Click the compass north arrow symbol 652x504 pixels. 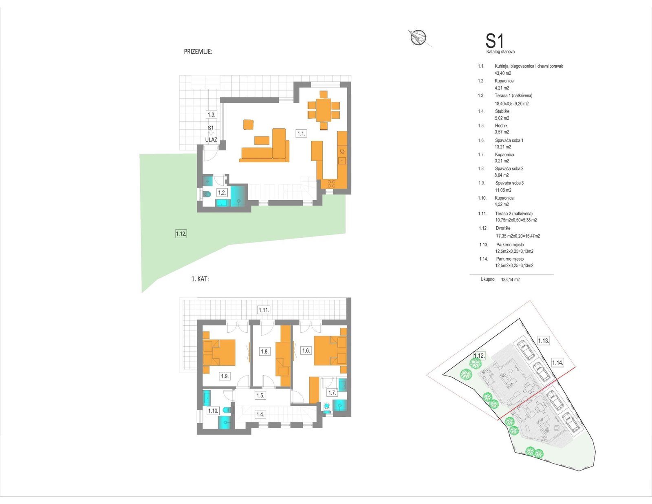(x=418, y=38)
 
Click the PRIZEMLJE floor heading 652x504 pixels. (x=198, y=52)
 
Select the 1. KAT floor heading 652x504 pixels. (x=200, y=279)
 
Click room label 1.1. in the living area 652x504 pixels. (x=301, y=134)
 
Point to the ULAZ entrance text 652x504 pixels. (x=211, y=140)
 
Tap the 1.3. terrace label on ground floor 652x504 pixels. (x=211, y=114)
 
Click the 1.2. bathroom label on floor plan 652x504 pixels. (x=222, y=193)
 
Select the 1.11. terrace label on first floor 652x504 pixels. (x=264, y=310)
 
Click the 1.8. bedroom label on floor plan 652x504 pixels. (x=264, y=351)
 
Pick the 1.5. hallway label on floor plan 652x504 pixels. (x=260, y=396)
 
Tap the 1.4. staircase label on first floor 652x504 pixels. (x=260, y=415)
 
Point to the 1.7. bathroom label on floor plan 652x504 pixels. (x=332, y=393)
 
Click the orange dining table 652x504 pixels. (x=324, y=110)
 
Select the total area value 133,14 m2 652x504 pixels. (x=510, y=279)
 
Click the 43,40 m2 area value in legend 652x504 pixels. (x=503, y=73)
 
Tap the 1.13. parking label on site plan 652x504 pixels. (x=543, y=341)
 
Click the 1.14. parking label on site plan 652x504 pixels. (x=557, y=363)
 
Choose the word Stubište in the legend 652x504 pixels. (x=502, y=111)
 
